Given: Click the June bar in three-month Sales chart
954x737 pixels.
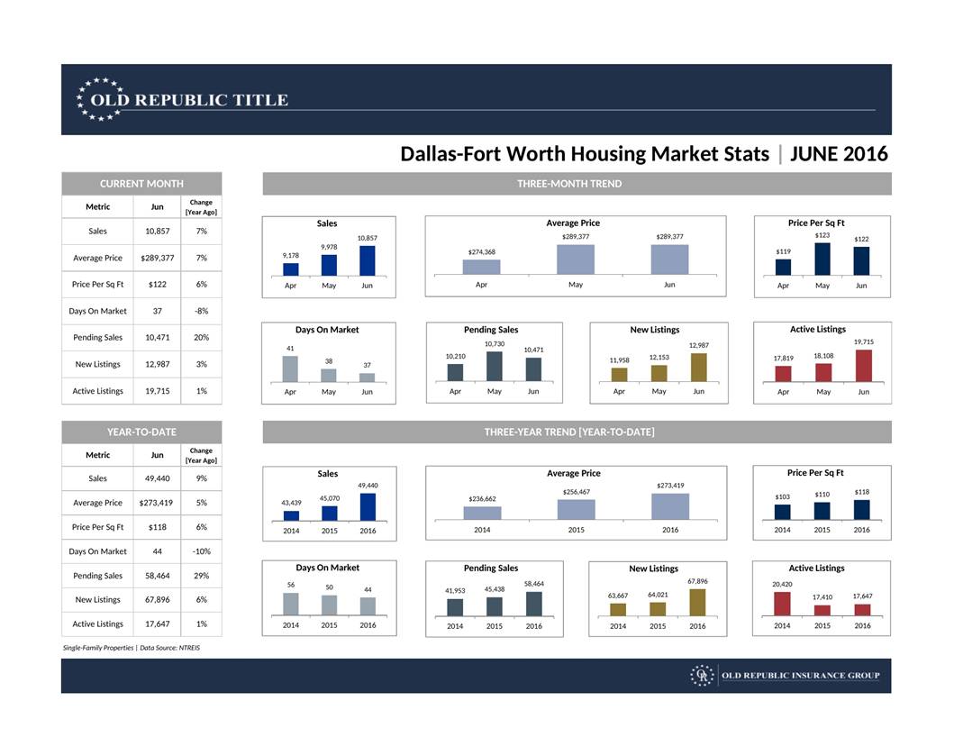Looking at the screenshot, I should (367, 260).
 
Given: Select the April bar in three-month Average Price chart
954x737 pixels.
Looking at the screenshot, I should (481, 267).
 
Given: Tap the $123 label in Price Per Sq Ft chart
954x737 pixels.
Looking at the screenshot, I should (822, 235).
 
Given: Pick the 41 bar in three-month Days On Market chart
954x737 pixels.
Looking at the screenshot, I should (290, 368).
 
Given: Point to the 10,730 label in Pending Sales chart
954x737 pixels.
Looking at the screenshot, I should (494, 343).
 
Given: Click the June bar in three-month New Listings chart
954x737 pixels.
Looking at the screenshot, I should (698, 367).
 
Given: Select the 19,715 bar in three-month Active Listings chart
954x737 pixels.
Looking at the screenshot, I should (863, 366).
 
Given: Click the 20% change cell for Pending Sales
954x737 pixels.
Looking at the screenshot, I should (201, 338).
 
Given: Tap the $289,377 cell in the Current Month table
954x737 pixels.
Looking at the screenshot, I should (157, 259).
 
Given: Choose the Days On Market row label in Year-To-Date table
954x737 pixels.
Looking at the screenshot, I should (97, 551).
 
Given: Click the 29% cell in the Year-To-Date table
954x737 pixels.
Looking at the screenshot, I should (201, 576).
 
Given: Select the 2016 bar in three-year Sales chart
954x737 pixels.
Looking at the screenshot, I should (368, 506).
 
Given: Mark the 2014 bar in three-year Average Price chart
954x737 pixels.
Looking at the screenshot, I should (482, 513).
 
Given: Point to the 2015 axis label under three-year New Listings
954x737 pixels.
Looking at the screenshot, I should (658, 626).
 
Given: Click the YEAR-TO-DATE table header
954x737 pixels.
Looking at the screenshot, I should (141, 432).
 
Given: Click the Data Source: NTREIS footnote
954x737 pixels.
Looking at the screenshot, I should (170, 648).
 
